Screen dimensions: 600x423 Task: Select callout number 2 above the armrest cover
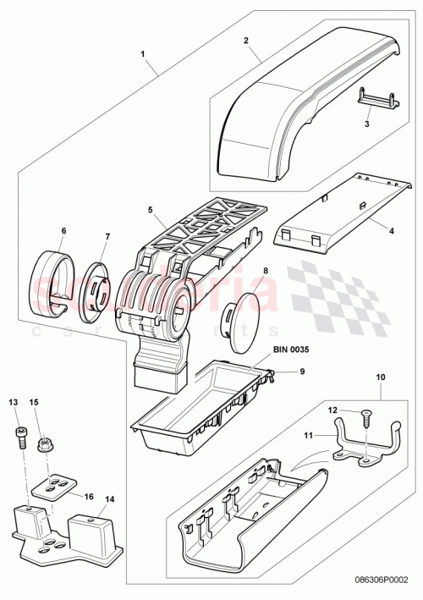(245, 41)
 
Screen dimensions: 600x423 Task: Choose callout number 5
(149, 211)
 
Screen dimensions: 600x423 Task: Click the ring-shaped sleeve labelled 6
(107, 239)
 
